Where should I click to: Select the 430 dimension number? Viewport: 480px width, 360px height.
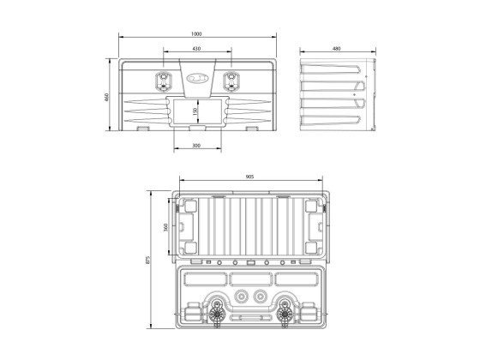(x=196, y=49)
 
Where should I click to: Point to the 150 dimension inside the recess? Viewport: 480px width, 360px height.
(x=195, y=111)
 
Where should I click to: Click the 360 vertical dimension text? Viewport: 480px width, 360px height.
(x=164, y=228)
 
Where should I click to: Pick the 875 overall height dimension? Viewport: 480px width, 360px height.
(x=148, y=261)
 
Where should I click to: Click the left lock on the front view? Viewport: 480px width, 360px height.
(x=163, y=82)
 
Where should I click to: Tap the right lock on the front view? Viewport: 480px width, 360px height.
(x=230, y=82)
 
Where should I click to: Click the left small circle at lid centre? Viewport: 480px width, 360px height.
(x=239, y=296)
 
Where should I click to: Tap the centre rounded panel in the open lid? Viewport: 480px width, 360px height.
(x=249, y=279)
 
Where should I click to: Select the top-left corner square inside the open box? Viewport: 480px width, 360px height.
(x=189, y=207)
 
